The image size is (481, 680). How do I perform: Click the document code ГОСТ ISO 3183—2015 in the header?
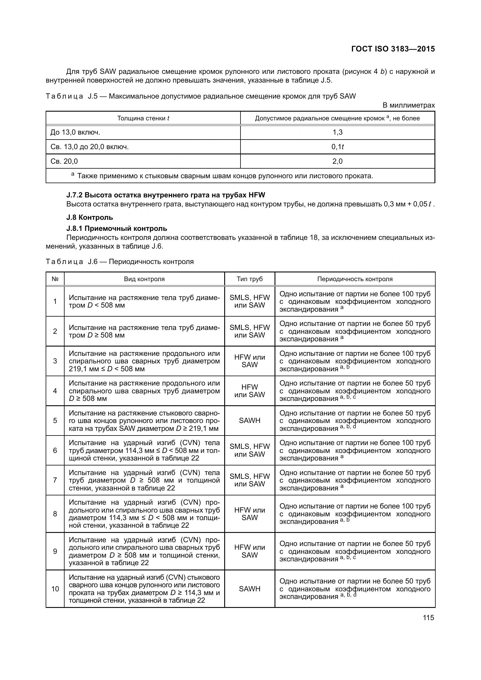tap(393, 49)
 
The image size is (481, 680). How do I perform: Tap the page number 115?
tap(428, 617)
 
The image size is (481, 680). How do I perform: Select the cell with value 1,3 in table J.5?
tap(337, 132)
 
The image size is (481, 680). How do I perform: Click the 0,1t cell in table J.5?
tap(337, 147)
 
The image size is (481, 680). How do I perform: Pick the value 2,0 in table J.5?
tap(337, 161)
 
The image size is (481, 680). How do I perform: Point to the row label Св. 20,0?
tap(64, 161)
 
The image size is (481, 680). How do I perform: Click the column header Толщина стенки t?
tap(143, 118)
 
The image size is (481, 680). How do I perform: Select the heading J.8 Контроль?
tap(90, 217)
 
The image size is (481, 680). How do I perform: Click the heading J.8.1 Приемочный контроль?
tap(117, 229)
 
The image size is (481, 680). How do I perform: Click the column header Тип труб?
tap(250, 279)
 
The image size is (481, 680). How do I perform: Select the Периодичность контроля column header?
tap(355, 279)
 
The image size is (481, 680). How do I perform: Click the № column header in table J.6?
tap(55, 279)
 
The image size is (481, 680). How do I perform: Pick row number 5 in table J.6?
tap(55, 421)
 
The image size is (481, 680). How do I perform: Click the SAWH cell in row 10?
tap(250, 589)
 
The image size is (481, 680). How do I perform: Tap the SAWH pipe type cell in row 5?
tap(250, 421)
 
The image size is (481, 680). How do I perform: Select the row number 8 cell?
tap(55, 514)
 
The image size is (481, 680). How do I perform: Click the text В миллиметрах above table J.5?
tap(408, 105)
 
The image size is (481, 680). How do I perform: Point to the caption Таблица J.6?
tap(120, 262)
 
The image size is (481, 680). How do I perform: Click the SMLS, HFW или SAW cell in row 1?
tap(250, 301)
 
